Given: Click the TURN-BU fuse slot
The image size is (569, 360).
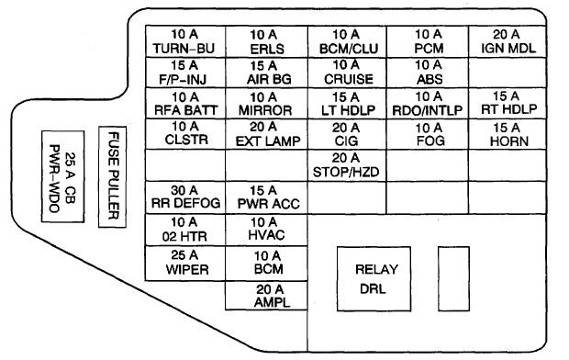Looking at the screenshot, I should pos(185,41).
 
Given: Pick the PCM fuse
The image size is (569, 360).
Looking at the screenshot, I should pos(428,41).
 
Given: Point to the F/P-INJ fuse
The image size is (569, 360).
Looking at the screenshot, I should pos(185,73).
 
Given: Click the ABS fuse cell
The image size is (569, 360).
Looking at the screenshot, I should pos(428,73).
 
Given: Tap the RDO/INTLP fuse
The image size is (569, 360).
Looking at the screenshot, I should pos(428,104).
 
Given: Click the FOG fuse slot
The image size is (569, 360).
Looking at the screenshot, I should pos(428,134).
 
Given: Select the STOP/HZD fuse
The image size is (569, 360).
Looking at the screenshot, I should pos(346,166).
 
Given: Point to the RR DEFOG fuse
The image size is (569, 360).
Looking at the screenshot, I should pos(185,197).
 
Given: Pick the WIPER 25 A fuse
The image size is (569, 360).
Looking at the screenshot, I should pos(185,264).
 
